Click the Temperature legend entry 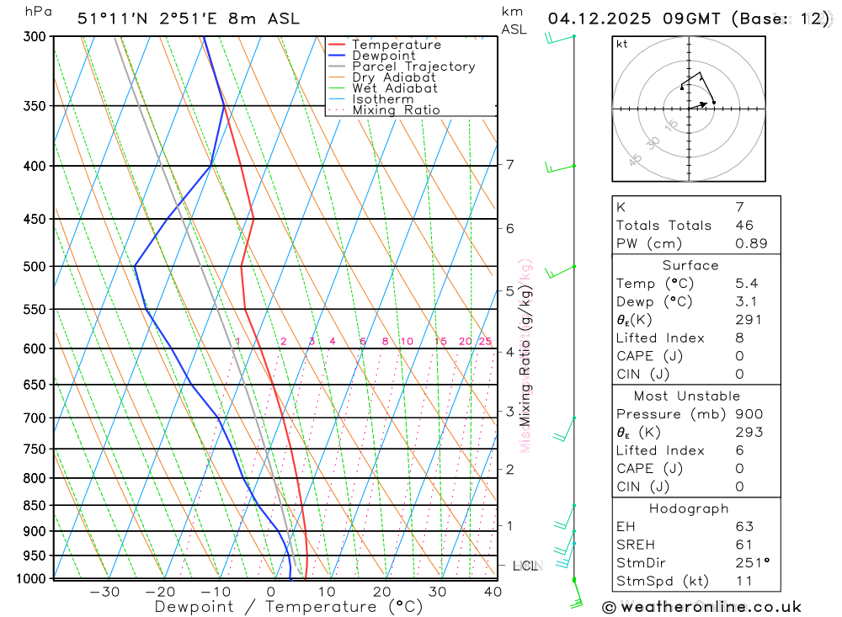point(396,45)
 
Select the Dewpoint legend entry point(383,56)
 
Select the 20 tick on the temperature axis point(381,592)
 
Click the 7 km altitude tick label point(510,164)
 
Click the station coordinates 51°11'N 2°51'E point(151,19)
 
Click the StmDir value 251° point(748,562)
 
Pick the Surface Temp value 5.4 point(745,284)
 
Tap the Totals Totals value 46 point(743,226)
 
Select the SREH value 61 point(743,545)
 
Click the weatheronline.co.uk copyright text point(701,607)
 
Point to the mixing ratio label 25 point(485,341)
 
